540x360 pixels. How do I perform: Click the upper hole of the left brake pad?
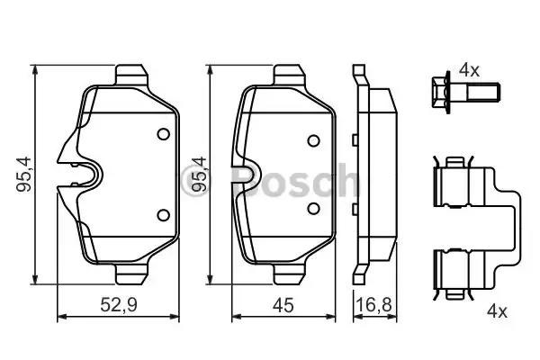(163, 134)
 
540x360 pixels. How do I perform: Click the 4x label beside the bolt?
(469, 68)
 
